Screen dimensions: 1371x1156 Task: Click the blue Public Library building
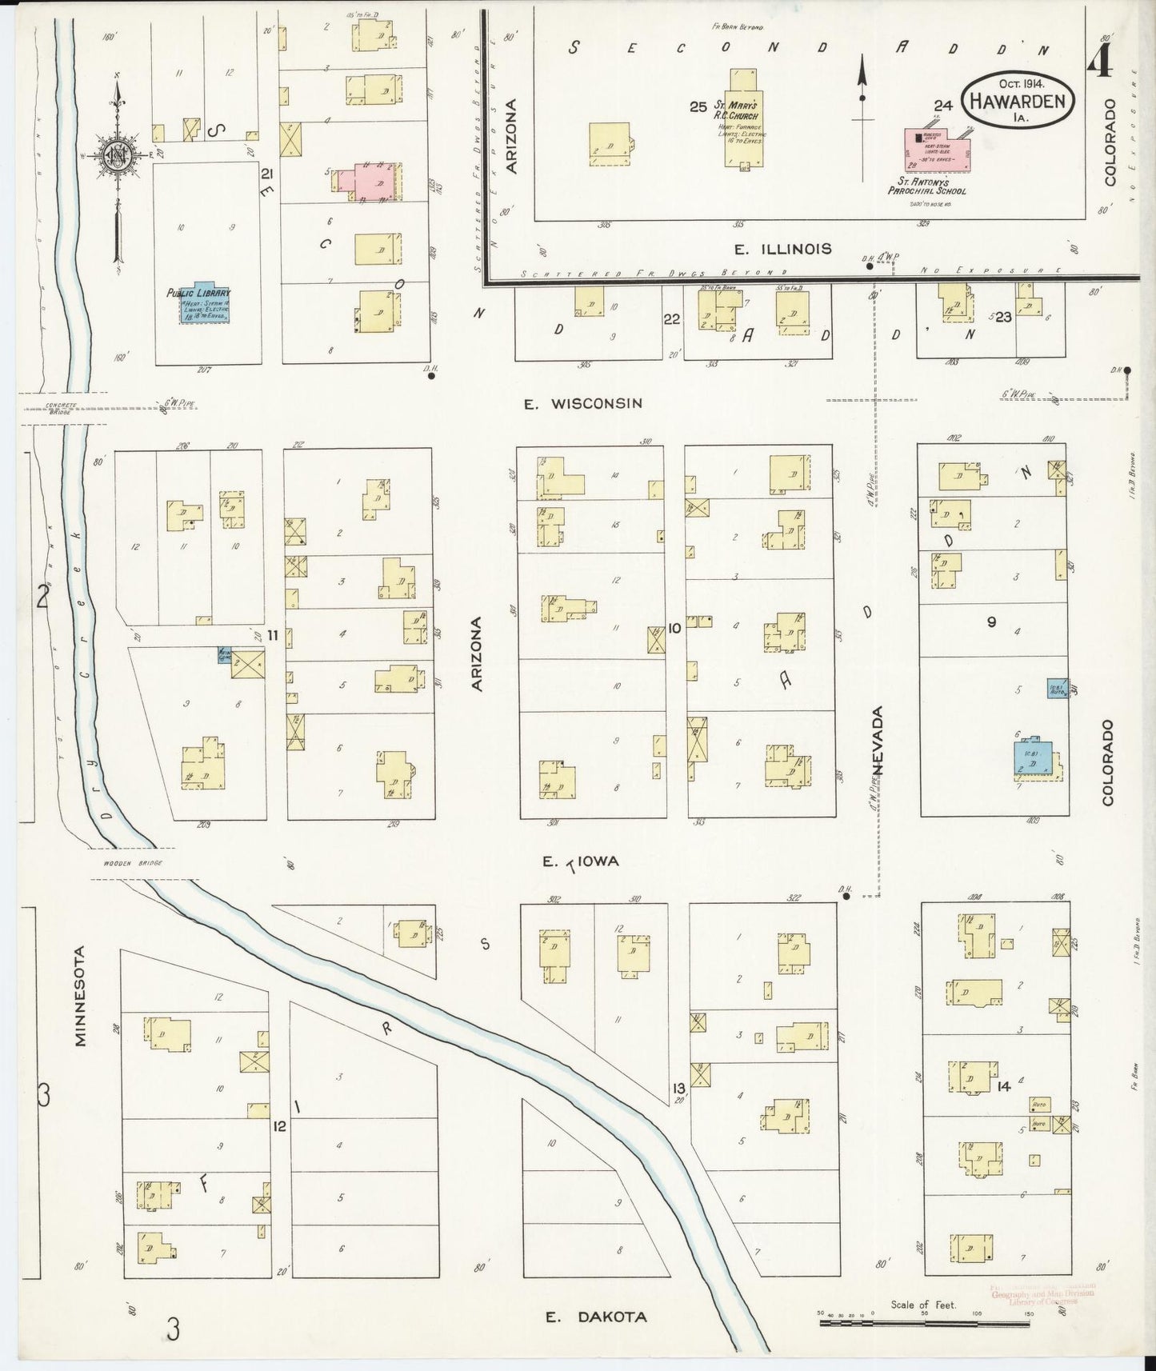(x=198, y=305)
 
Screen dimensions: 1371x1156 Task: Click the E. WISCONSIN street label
(x=582, y=404)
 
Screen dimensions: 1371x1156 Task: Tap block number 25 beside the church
(x=698, y=106)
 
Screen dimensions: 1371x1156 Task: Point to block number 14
(x=1004, y=1086)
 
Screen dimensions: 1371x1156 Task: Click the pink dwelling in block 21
(x=370, y=180)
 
